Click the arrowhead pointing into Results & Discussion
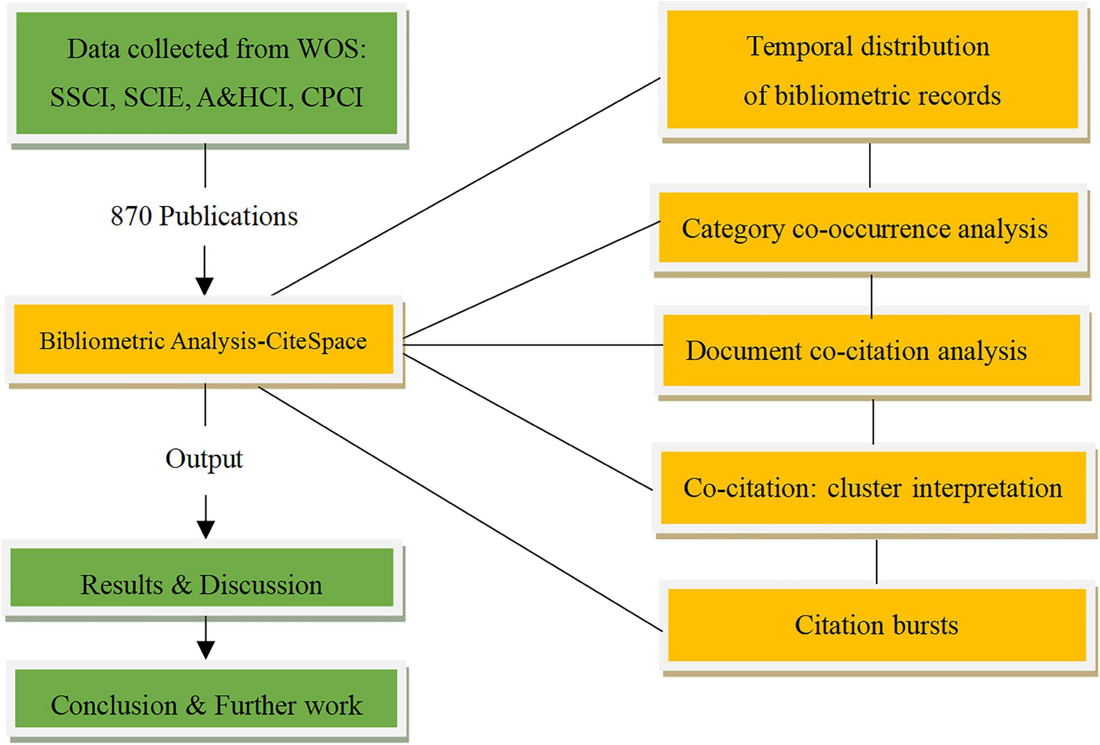[205, 529]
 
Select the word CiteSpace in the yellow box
[316, 341]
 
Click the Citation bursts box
[876, 625]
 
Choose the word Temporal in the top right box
[799, 47]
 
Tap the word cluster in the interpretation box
[864, 488]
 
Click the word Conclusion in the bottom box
[113, 705]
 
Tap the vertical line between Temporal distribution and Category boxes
[870, 165]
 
